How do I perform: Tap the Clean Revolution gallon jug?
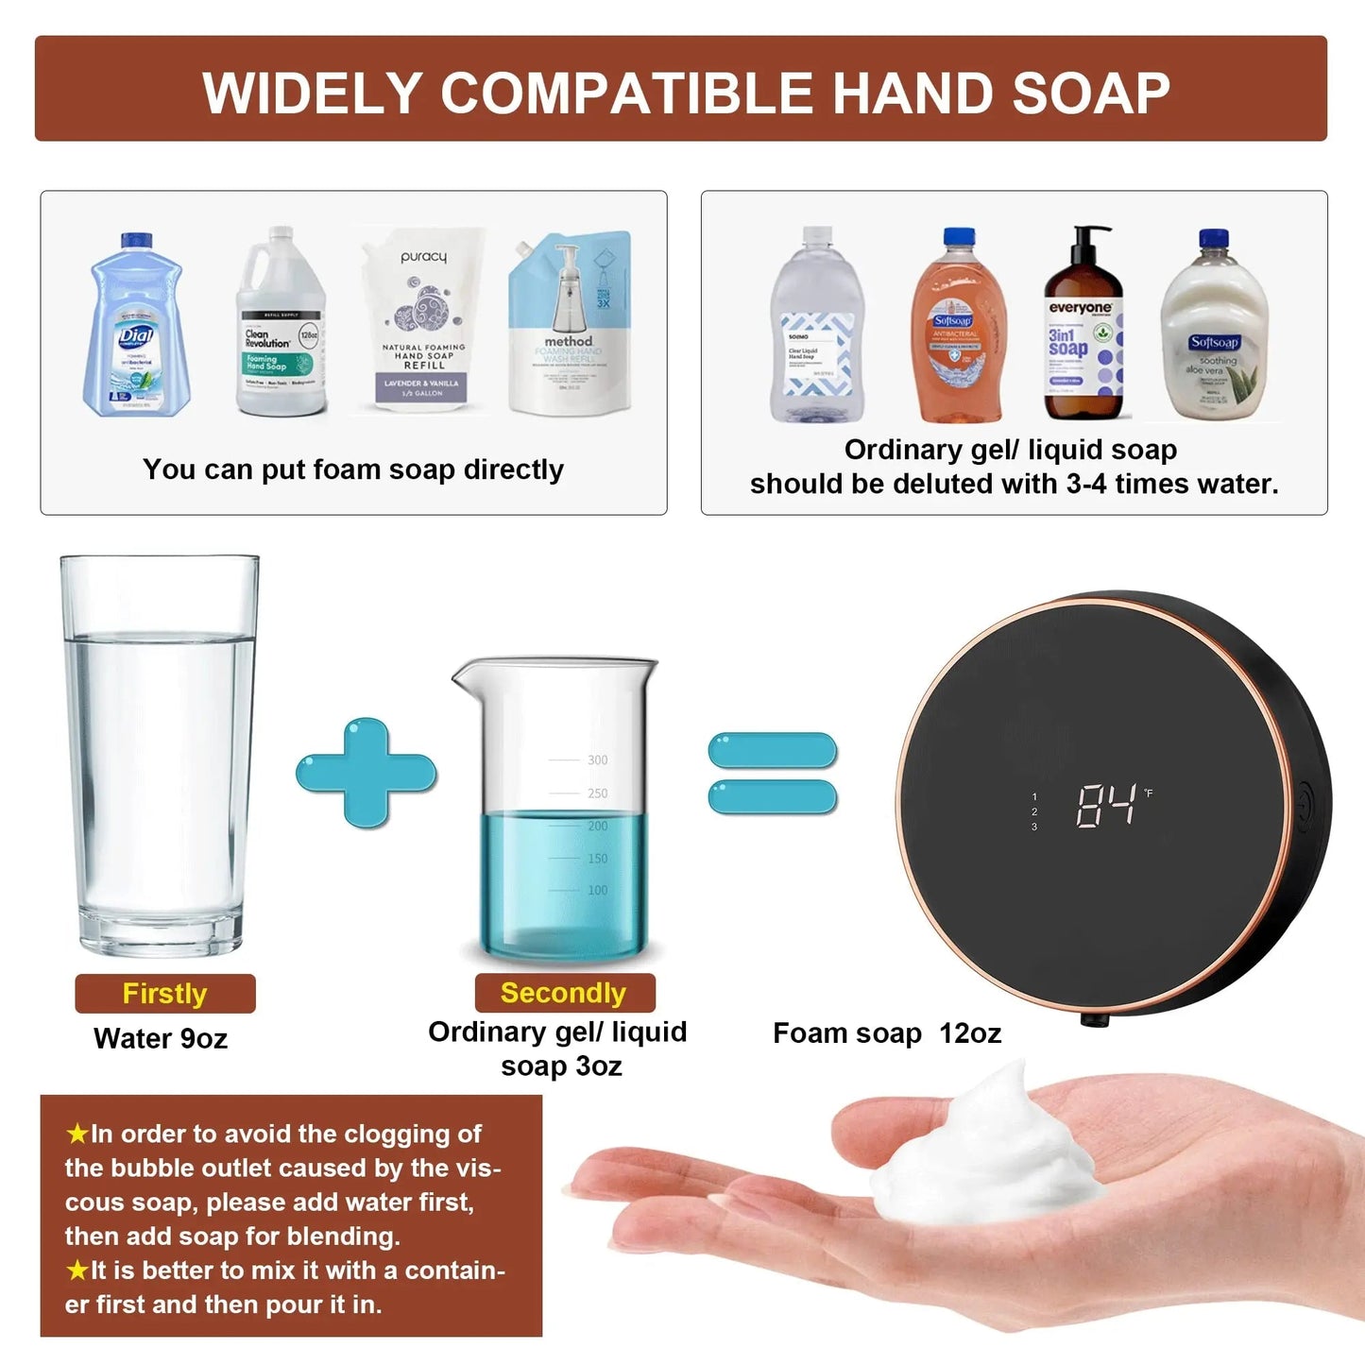281,327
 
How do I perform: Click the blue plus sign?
367,773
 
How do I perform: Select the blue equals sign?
773,773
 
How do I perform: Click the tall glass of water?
159,756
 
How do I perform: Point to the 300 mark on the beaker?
597,759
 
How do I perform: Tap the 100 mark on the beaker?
597,890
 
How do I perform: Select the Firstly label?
165,994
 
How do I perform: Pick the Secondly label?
564,993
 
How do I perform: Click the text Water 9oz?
161,1039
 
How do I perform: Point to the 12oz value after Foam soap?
970,1033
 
